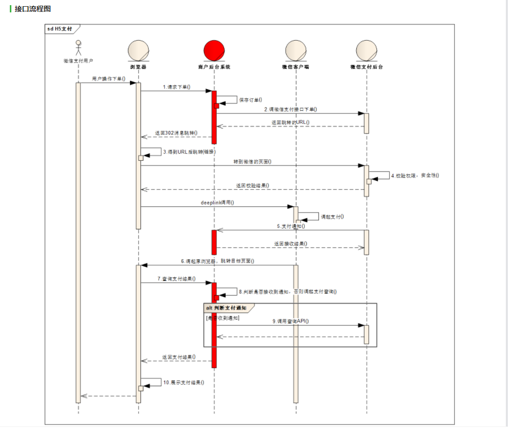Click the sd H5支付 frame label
(x=60, y=29)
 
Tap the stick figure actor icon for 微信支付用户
(x=78, y=48)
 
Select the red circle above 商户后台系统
(x=214, y=51)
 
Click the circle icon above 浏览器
(x=138, y=51)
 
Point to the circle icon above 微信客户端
(x=296, y=51)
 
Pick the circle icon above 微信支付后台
(x=367, y=51)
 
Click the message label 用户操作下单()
(x=108, y=79)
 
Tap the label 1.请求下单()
(x=177, y=87)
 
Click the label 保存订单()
(x=250, y=100)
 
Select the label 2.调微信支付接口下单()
(x=291, y=109)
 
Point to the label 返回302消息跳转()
(x=177, y=133)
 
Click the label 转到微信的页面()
(x=252, y=161)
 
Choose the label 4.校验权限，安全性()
(x=415, y=175)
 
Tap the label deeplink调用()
(x=217, y=203)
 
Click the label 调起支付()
(x=332, y=217)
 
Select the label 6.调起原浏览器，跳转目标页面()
(x=217, y=261)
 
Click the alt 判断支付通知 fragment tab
(x=226, y=308)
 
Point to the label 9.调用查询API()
(x=291, y=321)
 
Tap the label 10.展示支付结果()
(x=184, y=383)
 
